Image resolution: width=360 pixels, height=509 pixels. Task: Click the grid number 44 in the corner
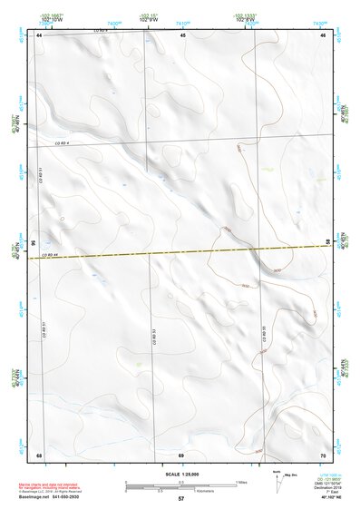coord(40,34)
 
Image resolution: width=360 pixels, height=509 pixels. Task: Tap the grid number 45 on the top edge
coord(182,34)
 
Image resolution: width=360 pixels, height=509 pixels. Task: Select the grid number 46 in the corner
coord(323,34)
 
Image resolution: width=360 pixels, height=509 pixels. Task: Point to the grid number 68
coord(40,454)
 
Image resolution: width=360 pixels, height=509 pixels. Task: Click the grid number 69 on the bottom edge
coord(181,454)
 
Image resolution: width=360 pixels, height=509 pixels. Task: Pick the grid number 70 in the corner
coord(323,454)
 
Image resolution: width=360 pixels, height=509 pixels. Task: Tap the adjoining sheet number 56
coord(34,243)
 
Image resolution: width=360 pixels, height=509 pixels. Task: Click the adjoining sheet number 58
coord(327,240)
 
